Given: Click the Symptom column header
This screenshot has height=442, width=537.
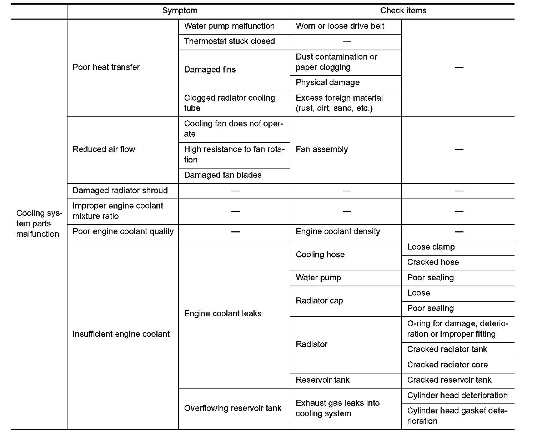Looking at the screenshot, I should pyautogui.click(x=180, y=11).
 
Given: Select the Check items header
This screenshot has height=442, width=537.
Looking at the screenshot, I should pyautogui.click(x=403, y=11).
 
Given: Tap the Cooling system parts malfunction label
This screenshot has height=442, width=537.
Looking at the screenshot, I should pyautogui.click(x=38, y=223).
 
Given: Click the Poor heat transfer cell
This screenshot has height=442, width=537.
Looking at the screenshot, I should pyautogui.click(x=106, y=67).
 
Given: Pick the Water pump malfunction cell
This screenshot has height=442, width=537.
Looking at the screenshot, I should pyautogui.click(x=229, y=26).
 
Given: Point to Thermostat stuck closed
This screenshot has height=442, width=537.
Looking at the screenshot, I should pyautogui.click(x=229, y=41).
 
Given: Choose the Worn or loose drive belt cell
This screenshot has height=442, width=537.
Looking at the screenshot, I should pyautogui.click(x=340, y=26).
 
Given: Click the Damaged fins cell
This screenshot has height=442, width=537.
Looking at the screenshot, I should pyautogui.click(x=210, y=70).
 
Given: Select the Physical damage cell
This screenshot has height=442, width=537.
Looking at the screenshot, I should pyautogui.click(x=327, y=82).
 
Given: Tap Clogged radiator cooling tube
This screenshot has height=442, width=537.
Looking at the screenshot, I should pyautogui.click(x=229, y=103).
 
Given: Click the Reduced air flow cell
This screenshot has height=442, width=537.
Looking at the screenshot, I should pyautogui.click(x=104, y=149).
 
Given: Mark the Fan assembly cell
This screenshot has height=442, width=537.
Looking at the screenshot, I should pyautogui.click(x=322, y=149).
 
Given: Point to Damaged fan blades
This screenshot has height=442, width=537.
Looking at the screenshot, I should pyautogui.click(x=223, y=175).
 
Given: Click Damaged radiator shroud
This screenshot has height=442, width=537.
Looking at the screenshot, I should pyautogui.click(x=120, y=190).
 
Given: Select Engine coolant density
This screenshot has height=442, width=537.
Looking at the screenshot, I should pyautogui.click(x=338, y=231).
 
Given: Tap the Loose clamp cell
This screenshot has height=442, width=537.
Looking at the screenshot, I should pyautogui.click(x=431, y=247).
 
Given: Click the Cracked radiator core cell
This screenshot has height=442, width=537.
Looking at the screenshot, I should pyautogui.click(x=447, y=365).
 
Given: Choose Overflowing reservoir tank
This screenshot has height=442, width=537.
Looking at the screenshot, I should pyautogui.click(x=233, y=408).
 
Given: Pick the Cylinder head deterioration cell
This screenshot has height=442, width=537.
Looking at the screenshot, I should pyautogui.click(x=457, y=395).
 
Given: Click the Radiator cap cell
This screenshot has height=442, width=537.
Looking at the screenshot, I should pyautogui.click(x=319, y=301).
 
